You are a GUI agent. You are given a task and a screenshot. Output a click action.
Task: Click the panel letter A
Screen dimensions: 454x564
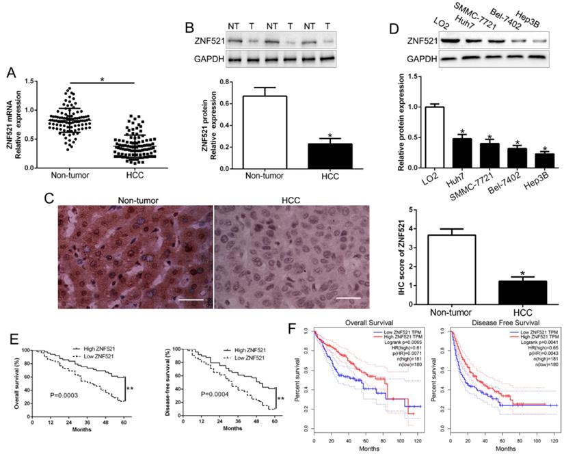point(10,70)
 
